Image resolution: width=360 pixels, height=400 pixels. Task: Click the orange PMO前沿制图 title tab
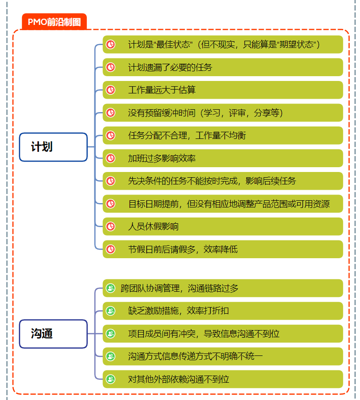54,22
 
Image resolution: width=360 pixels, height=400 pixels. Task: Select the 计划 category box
53,147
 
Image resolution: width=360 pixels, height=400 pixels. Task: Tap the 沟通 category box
53,333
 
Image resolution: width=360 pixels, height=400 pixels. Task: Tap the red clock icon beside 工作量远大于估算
111,90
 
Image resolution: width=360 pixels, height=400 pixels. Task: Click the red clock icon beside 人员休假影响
111,227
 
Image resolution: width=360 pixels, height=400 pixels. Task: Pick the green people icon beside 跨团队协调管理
111,288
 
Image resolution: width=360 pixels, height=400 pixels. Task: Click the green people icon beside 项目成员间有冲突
111,334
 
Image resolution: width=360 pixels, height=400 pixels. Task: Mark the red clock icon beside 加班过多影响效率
111,158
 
